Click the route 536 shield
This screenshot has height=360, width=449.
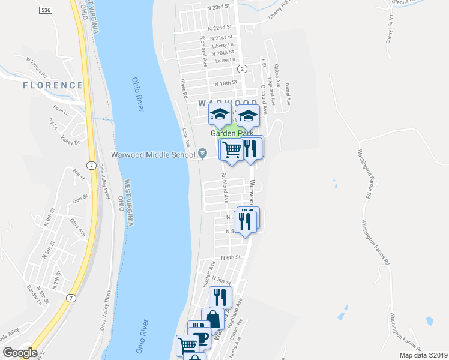[x=46, y=10]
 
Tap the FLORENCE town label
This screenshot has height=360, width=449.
[x=52, y=85]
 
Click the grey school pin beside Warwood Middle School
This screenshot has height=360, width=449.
[x=203, y=155]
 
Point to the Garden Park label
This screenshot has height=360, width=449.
[x=231, y=133]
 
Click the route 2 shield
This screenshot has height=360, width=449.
[x=241, y=69]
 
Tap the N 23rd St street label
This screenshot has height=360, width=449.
[x=218, y=7]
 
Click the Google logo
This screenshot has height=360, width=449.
[x=20, y=353]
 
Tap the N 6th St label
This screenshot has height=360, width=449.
[x=230, y=257]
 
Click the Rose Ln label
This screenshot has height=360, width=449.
[x=61, y=110]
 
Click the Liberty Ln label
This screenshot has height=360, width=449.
[x=222, y=45]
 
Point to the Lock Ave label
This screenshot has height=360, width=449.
[x=186, y=138]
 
